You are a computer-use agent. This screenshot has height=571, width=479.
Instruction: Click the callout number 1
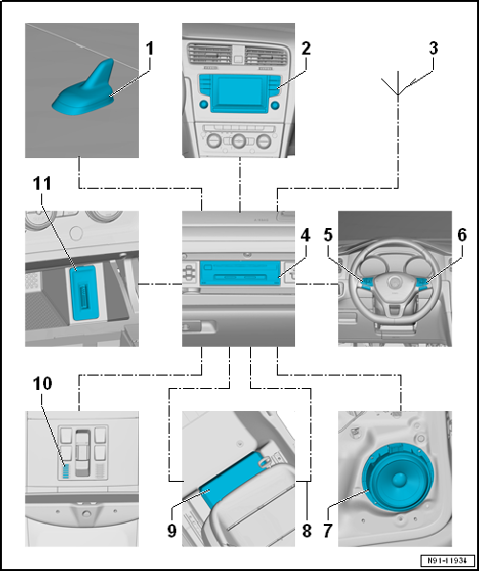pyautogui.click(x=149, y=49)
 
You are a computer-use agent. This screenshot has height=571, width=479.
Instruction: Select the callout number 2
pyautogui.click(x=306, y=49)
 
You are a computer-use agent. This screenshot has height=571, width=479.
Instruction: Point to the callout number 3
pyautogui.click(x=433, y=49)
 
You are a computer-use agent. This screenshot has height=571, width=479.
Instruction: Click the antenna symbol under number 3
pyautogui.click(x=398, y=83)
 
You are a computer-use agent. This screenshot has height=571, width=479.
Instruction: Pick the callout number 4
pyautogui.click(x=306, y=236)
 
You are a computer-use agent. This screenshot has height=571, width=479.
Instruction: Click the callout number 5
pyautogui.click(x=329, y=236)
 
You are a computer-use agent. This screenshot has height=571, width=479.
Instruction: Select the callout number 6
pyautogui.click(x=462, y=236)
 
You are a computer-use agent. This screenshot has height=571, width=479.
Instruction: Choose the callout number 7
pyautogui.click(x=328, y=531)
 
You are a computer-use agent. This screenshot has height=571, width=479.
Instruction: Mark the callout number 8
pyautogui.click(x=307, y=531)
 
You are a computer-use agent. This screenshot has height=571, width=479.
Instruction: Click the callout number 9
pyautogui.click(x=171, y=531)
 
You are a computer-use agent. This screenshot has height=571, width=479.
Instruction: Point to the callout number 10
pyautogui.click(x=42, y=383)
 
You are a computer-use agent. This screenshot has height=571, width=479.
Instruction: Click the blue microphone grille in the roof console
pyautogui.click(x=65, y=471)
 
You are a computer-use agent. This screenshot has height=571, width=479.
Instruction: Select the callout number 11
pyautogui.click(x=42, y=184)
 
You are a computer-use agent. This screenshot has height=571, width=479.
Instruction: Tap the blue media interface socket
pyautogui.click(x=83, y=293)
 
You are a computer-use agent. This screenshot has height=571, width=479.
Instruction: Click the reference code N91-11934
pyautogui.click(x=448, y=560)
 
